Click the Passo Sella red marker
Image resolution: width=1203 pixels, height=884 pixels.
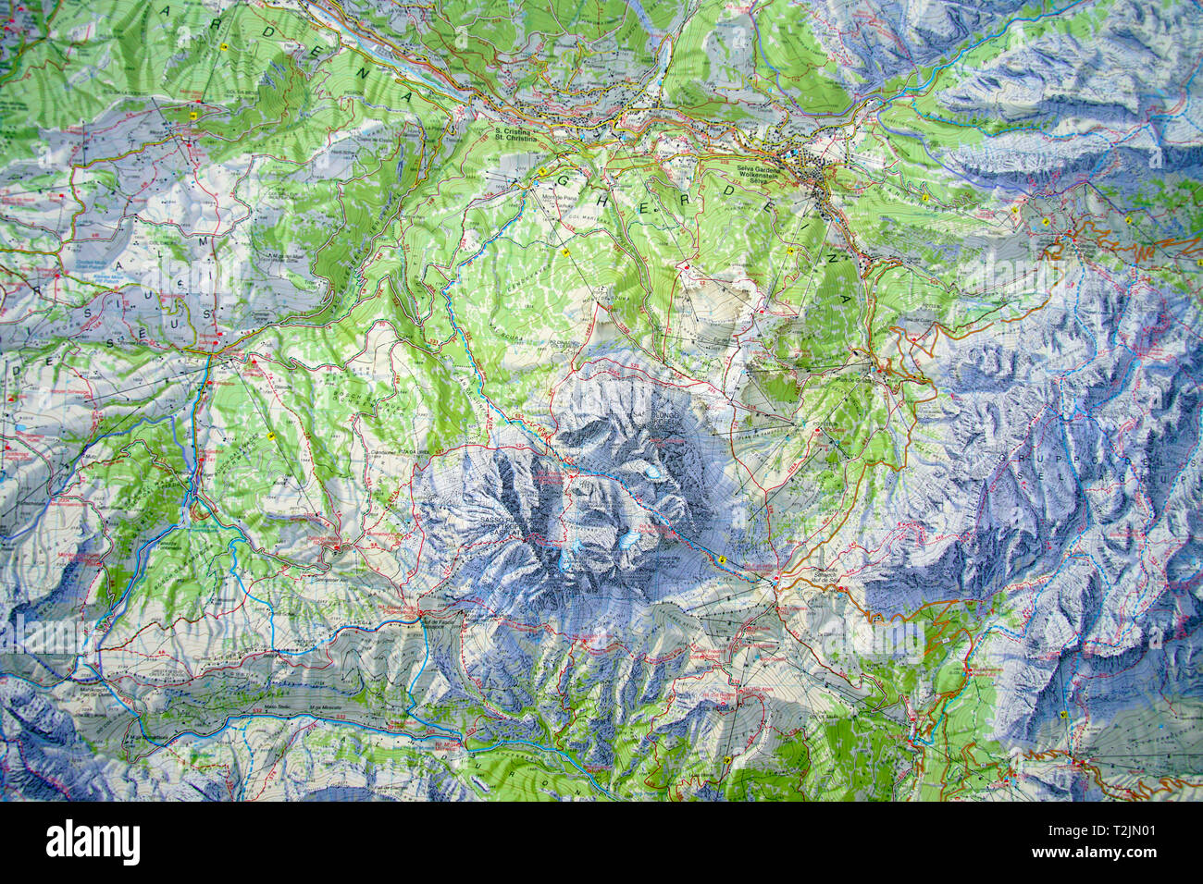[775, 581]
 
